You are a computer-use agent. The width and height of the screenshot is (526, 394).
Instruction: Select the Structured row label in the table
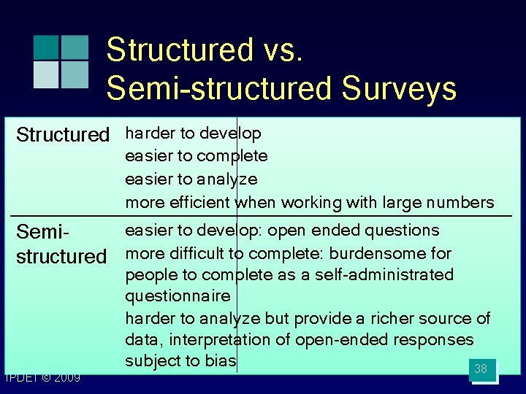point(62,135)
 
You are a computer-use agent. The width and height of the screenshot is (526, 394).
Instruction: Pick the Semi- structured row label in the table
point(61,244)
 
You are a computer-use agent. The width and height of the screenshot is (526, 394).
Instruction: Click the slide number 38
point(481,369)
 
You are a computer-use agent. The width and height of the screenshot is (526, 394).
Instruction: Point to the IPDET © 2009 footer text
point(42,378)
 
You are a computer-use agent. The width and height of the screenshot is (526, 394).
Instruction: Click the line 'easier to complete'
point(197,156)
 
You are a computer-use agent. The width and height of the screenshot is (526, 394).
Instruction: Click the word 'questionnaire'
point(178,296)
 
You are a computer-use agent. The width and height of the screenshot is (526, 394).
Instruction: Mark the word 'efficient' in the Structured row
point(200,202)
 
